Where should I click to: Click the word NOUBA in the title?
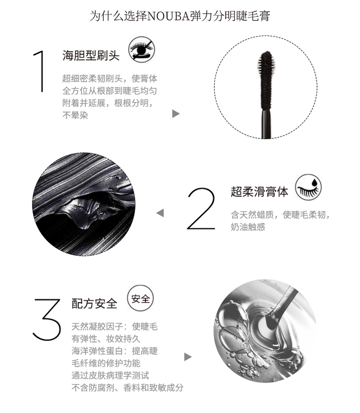169,16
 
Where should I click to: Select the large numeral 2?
201,208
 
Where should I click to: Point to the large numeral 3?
47,319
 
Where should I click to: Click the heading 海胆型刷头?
91,55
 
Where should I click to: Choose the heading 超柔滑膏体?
259,192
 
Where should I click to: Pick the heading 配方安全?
94,304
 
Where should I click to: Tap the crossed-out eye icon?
142,49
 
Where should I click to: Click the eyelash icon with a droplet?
308,187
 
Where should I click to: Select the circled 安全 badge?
141,299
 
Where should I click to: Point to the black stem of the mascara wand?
266,124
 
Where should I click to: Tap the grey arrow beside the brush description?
176,114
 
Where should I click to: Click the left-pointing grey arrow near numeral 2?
160,213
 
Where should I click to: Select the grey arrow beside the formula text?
188,357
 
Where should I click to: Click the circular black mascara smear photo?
84,204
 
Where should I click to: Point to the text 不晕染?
75,115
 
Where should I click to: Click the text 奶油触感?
248,227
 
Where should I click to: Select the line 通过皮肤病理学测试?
110,376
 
